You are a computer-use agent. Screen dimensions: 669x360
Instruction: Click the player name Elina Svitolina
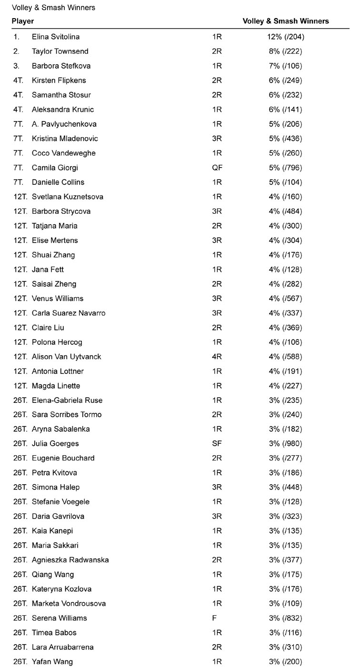tap(56, 37)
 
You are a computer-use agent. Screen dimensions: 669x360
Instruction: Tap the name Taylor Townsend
tap(60, 51)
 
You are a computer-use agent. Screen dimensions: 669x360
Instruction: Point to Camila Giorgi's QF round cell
tap(217, 168)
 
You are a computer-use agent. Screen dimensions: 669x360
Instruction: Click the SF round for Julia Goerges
tap(217, 444)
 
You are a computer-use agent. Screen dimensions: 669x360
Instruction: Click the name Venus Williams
tap(58, 299)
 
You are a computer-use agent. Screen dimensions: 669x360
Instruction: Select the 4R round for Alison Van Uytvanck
tap(217, 357)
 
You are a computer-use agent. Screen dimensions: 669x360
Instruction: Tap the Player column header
tap(23, 21)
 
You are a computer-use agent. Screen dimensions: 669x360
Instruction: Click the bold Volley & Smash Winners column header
tap(286, 21)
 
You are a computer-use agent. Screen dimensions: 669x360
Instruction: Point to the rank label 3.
tap(16, 66)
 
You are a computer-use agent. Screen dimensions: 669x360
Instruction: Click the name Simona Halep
tap(56, 487)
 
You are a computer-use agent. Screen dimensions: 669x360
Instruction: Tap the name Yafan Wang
tap(52, 661)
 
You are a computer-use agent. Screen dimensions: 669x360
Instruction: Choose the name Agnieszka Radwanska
tap(70, 560)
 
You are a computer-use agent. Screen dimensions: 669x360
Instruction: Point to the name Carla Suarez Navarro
tap(69, 313)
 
